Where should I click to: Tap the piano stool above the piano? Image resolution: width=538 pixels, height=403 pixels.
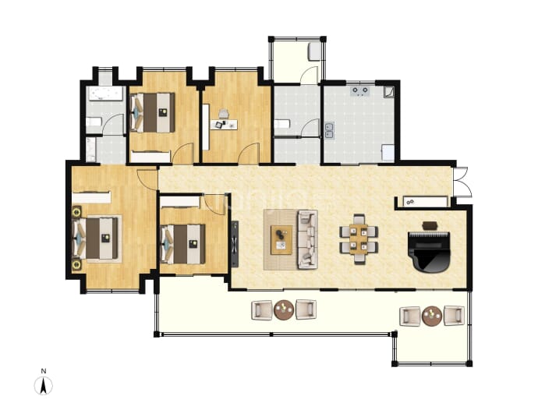[430, 225]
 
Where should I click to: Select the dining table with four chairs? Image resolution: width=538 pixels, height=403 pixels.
[359, 239]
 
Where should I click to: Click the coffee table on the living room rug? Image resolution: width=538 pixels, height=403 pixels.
[281, 240]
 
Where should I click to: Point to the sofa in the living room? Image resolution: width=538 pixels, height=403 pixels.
[306, 239]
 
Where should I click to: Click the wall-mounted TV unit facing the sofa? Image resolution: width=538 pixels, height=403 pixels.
[235, 243]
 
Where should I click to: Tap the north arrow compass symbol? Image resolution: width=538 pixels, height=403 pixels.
[44, 386]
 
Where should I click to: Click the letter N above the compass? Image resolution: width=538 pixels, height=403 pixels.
[44, 371]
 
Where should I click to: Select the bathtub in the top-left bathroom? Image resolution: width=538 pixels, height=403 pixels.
[106, 94]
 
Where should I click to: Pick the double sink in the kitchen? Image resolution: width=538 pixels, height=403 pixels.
[329, 130]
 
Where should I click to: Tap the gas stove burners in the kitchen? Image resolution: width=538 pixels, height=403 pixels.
[360, 91]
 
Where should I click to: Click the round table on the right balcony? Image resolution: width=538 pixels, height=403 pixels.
[432, 316]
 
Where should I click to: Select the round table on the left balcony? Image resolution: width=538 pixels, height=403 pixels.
[284, 309]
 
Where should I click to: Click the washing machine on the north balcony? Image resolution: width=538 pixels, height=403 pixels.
[314, 51]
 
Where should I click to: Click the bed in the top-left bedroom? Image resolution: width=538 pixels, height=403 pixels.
[153, 112]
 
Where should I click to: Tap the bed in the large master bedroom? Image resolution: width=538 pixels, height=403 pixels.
[97, 239]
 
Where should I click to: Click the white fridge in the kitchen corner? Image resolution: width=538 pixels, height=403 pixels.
[388, 153]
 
